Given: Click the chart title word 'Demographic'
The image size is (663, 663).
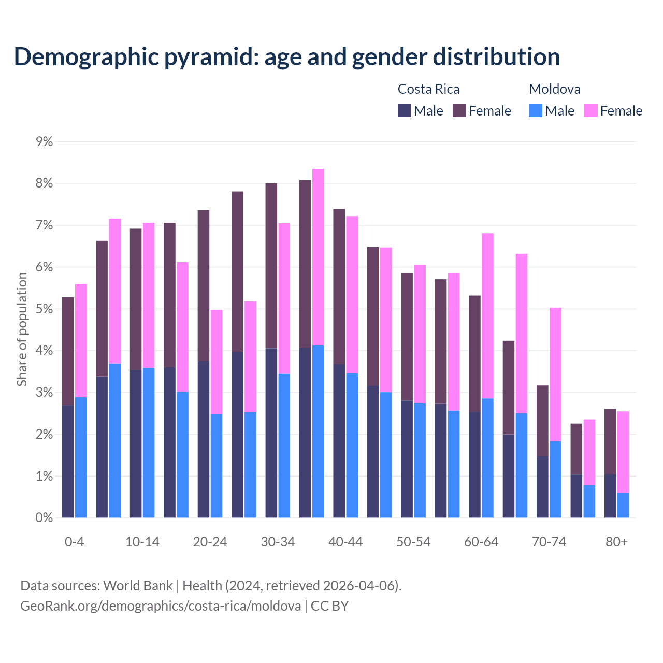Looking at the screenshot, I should point(85,56).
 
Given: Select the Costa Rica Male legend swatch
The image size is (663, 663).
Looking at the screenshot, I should point(404,110).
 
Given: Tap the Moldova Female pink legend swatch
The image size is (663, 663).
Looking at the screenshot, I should point(590,110).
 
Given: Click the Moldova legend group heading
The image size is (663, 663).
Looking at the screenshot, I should point(554,89).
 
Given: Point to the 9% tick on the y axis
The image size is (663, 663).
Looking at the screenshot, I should point(44,141).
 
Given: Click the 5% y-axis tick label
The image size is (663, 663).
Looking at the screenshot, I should point(44,309).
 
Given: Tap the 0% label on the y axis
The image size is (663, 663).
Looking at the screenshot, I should point(44,517).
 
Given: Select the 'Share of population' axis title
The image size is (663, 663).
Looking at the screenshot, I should point(22,329).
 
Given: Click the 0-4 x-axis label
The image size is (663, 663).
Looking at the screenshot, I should point(74,542).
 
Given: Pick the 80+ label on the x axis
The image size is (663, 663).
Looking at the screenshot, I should point(616,542).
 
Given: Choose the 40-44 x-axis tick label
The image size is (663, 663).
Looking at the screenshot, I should point(345,542).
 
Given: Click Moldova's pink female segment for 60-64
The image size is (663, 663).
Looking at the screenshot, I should point(487,316).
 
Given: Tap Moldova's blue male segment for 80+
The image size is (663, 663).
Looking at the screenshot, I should point(623,505).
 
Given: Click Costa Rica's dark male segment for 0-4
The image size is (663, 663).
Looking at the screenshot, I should point(68,461).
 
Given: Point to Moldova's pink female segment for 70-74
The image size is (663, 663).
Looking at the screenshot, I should point(555,374).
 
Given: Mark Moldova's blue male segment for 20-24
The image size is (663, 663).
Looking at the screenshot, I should point(216,466).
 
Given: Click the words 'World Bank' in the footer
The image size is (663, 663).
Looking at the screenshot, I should point(138,586).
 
